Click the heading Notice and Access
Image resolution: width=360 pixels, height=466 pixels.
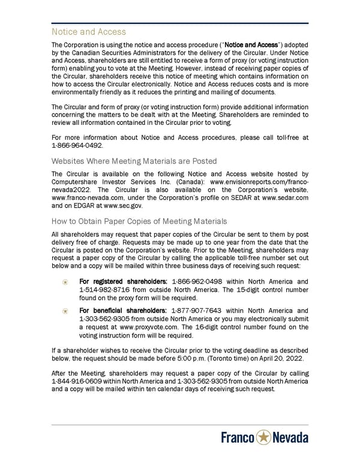[x=89, y=32]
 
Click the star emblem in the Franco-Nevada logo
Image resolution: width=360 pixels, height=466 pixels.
[x=264, y=438]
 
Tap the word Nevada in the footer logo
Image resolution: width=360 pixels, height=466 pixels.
[x=291, y=438]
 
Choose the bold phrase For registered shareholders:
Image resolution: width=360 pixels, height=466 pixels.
[x=124, y=281]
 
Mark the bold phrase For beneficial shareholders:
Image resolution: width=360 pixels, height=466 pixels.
[x=124, y=310]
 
